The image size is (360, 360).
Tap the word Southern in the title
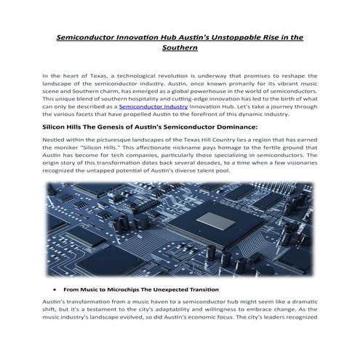click(180, 48)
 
